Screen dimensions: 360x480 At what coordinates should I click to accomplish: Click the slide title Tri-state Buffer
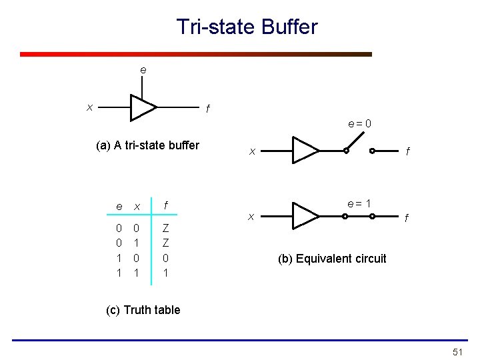coord(247,27)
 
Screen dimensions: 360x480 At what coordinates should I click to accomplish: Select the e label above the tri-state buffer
coord(143,70)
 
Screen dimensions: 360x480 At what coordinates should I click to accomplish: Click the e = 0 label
coord(359,123)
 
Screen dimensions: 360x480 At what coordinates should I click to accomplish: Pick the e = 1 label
coord(359,203)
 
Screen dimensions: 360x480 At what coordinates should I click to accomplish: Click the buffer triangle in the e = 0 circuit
coord(305,150)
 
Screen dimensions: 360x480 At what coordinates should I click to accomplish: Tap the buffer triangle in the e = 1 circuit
coord(305,215)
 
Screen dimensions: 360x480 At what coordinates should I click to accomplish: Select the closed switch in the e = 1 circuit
coord(359,216)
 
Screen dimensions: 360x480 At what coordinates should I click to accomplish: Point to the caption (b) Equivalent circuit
coord(332,259)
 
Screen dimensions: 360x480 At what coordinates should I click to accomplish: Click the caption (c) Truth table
coord(143,310)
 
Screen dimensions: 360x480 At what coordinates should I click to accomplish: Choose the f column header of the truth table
coord(165,206)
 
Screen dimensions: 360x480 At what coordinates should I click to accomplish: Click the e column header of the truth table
coord(119,207)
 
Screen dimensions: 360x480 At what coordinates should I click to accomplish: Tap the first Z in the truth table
coord(165,229)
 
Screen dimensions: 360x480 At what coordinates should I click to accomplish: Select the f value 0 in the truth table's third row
coord(165,257)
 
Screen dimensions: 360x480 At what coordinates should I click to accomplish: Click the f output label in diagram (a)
coord(207,109)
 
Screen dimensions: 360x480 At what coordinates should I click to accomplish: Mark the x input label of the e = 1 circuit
coord(251,216)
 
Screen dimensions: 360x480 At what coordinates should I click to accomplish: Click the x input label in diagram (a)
coord(89,107)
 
